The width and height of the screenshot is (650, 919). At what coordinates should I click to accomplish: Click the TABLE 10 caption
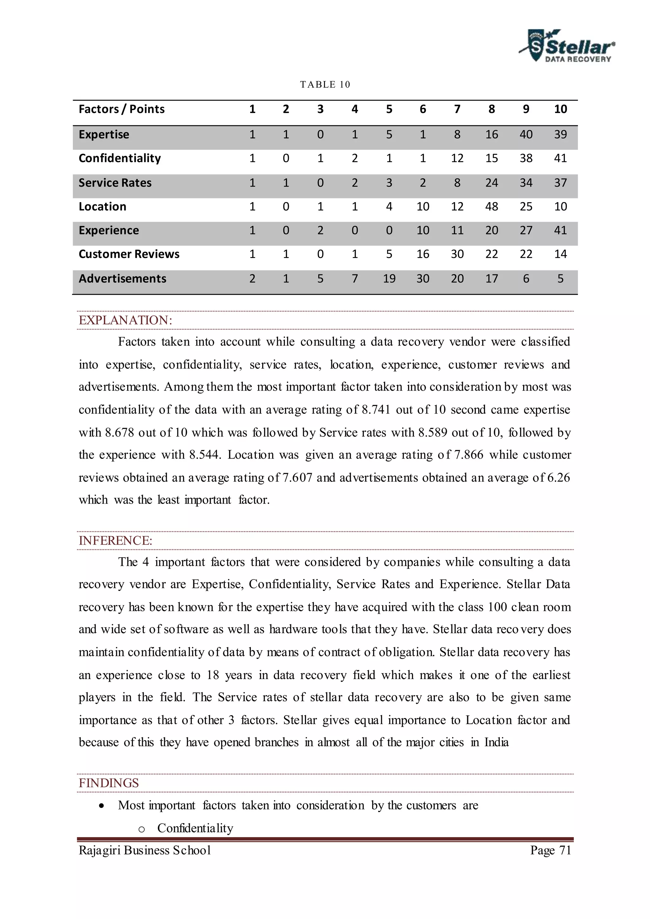point(325,84)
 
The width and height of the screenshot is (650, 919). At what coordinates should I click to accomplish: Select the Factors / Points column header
point(122,109)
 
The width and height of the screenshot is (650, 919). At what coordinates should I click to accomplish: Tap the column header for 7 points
point(457,109)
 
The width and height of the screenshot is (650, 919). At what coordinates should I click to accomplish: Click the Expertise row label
point(104,135)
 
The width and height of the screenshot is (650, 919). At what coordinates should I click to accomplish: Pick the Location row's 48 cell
point(492,207)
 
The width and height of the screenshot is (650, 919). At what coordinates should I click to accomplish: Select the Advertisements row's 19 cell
point(389,279)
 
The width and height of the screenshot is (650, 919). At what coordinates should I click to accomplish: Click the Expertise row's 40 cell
point(526,135)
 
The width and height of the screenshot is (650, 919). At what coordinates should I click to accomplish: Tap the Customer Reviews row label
point(129,254)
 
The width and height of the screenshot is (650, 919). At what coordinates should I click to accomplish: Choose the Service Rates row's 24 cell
point(492,183)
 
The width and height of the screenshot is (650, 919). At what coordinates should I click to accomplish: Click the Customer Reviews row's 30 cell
point(457,254)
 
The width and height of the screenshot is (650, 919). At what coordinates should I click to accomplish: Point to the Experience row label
point(109,231)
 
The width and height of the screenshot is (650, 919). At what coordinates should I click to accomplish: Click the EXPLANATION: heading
point(125,320)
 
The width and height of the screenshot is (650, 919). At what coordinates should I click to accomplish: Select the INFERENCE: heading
point(116,541)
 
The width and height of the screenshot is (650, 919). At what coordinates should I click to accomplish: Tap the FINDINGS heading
point(109,783)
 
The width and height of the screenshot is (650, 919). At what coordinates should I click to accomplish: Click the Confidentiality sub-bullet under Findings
point(195,828)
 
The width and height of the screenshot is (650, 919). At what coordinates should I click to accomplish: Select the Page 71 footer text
point(550,850)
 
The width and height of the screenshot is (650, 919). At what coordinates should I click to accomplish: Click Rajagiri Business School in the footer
point(145,850)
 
